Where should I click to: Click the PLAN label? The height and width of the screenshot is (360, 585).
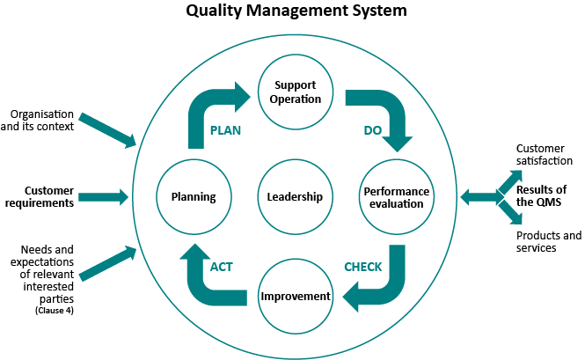225,130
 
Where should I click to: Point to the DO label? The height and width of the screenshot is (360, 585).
373,130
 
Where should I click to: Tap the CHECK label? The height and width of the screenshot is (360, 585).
363,267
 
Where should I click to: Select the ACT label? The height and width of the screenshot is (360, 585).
221,267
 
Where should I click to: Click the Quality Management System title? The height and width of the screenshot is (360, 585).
296,11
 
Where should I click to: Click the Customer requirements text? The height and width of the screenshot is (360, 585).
40,197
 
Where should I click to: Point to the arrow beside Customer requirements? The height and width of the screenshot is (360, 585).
103,197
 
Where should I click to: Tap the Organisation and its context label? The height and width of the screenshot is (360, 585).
37,121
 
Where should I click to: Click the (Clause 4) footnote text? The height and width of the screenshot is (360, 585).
55,311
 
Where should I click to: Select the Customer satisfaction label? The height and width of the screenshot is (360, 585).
545,155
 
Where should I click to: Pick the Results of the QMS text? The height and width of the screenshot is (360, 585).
541,195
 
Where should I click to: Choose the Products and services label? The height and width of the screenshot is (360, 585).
549,242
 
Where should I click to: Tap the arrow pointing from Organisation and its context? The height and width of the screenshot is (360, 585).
107,130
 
